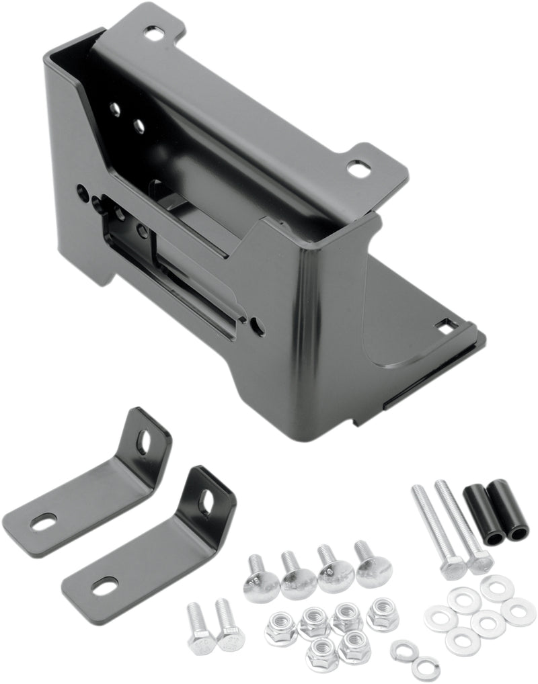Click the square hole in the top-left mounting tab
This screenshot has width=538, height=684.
tap(154, 32)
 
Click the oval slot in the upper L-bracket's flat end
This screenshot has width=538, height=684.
tap(44, 522)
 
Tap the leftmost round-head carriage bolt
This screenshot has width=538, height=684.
tap(261, 578)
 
